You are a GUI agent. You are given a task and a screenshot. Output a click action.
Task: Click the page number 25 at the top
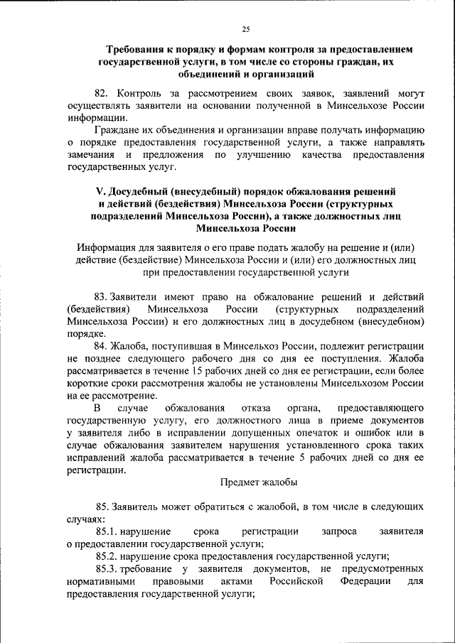click(245, 29)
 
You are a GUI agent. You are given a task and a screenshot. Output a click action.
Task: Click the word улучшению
click(264, 155)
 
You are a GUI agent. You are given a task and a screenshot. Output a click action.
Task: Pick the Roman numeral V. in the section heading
click(100, 192)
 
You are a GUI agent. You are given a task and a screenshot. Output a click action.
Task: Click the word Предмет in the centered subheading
click(237, 482)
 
